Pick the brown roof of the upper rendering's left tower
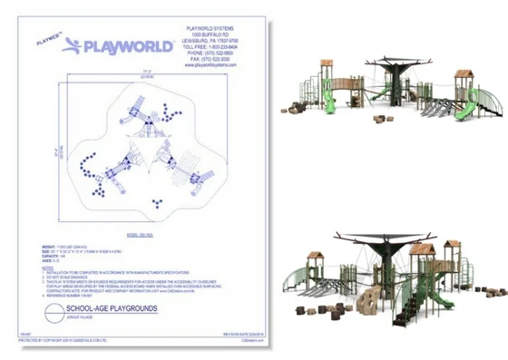pos(329,63)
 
